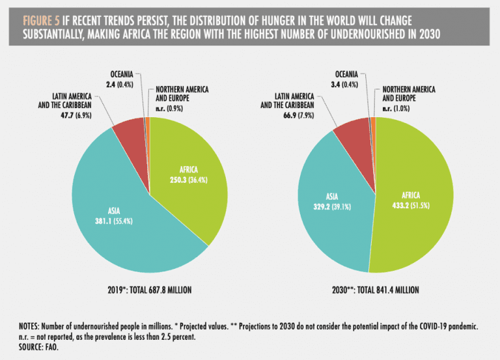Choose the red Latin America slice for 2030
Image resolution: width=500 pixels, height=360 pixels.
(352, 130)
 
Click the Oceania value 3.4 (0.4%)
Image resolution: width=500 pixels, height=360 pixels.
(348, 83)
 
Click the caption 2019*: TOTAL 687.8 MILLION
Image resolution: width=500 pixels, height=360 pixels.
(149, 288)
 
